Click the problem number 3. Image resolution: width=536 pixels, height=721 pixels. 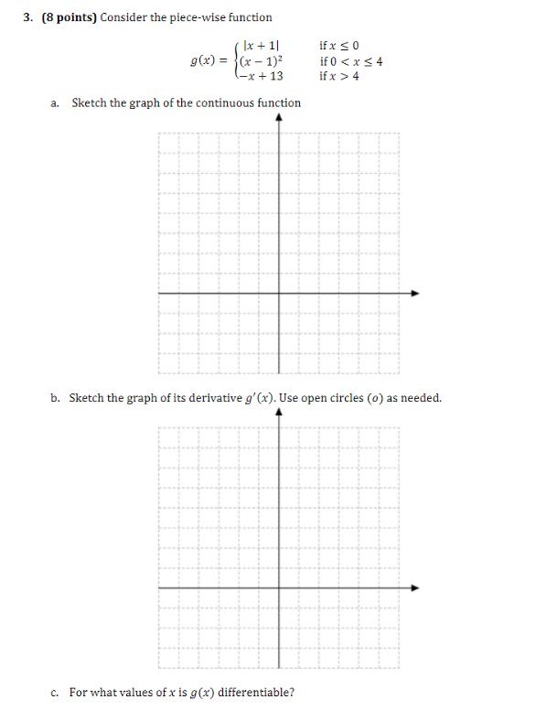pyautogui.click(x=29, y=17)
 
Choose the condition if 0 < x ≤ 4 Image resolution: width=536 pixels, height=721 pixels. pyautogui.click(x=351, y=61)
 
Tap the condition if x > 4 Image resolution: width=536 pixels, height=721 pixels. pyautogui.click(x=339, y=76)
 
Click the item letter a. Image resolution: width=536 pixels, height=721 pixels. pyautogui.click(x=55, y=103)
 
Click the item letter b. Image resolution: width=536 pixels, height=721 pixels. pyautogui.click(x=55, y=398)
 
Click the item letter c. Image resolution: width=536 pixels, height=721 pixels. pyautogui.click(x=55, y=693)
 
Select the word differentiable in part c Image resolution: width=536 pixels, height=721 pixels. pyautogui.click(x=252, y=693)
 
